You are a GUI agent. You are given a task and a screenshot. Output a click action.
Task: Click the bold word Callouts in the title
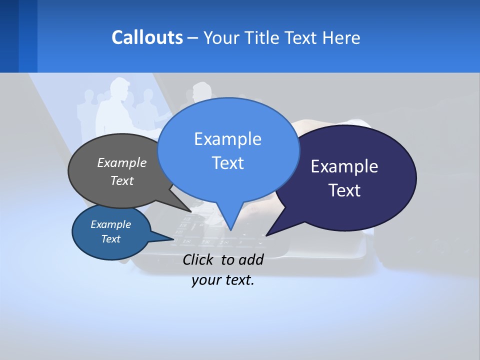coord(147,37)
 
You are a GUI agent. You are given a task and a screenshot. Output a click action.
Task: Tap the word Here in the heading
coord(341,37)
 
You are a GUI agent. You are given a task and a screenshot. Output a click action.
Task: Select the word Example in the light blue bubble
coord(227,139)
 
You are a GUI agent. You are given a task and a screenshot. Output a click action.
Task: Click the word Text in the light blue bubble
coord(227,163)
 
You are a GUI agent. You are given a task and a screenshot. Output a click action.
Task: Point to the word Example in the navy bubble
coord(344,166)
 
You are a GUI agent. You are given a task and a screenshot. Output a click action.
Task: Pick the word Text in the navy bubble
coord(344,190)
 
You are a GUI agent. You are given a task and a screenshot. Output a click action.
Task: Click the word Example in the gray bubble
coord(122,163)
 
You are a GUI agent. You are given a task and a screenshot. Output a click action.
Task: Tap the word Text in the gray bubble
coord(122,180)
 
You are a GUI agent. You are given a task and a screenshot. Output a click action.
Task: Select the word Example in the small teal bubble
coord(110,224)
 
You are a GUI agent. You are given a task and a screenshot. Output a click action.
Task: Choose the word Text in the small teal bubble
coord(110,239)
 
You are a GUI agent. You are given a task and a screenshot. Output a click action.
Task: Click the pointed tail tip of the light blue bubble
coord(230,230)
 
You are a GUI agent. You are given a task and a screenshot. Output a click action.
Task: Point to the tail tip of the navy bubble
coord(266,235)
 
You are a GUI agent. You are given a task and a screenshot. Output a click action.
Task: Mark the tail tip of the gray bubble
coord(191,211)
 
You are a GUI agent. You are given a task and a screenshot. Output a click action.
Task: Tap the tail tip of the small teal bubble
coord(173,239)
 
